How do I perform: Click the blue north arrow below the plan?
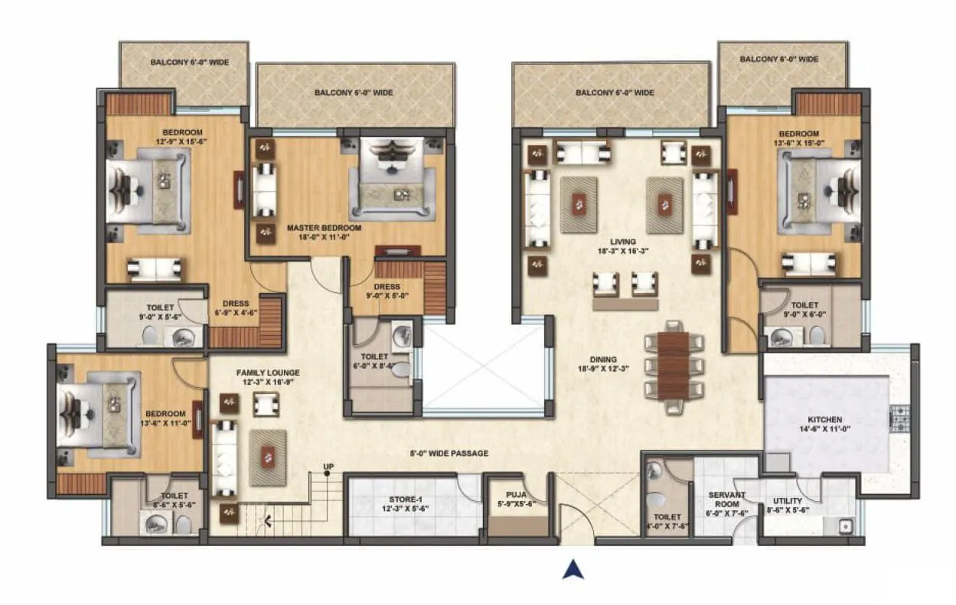(x=573, y=569)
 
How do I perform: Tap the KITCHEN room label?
(x=824, y=419)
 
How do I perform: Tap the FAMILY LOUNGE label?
(x=267, y=372)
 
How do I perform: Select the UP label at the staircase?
(x=328, y=466)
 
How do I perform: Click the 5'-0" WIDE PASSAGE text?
(x=449, y=453)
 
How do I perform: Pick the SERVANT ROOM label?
(x=726, y=495)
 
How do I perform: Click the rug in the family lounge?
(x=268, y=457)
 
